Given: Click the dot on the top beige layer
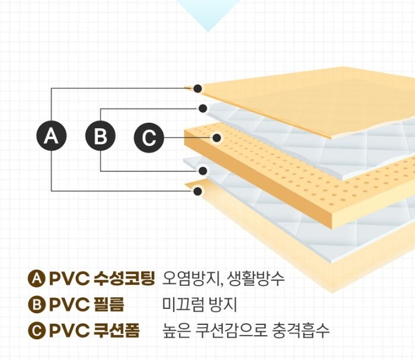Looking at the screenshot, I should [x=198, y=88].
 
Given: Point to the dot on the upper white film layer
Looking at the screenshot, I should [x=203, y=109].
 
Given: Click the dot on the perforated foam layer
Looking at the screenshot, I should [x=217, y=138].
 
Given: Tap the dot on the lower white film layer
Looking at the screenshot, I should [x=203, y=171].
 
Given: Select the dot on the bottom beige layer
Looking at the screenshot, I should [x=198, y=191].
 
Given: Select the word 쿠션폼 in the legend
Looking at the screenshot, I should [x=117, y=330].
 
